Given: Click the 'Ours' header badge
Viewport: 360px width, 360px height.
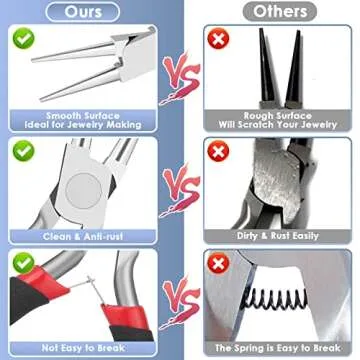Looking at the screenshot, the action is (83, 12).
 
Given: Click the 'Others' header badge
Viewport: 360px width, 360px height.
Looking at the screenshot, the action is (279, 12).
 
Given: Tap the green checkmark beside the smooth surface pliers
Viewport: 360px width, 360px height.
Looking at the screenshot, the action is (24, 38).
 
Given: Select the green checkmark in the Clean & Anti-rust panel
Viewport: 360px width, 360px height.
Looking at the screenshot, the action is (24, 151).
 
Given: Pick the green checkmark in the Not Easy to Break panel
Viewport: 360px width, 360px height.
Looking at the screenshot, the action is (24, 263).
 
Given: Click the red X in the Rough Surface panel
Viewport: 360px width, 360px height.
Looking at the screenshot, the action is (218, 39).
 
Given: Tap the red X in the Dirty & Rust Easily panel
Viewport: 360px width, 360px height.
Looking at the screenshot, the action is (218, 151).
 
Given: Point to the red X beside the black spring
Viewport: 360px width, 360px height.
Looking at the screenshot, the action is (218, 263).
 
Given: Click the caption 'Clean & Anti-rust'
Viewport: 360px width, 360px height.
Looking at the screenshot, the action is (83, 237).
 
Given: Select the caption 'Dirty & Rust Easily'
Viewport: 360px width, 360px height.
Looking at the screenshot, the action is (278, 236).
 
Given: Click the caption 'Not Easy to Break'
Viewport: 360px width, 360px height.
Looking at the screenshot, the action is (83, 348).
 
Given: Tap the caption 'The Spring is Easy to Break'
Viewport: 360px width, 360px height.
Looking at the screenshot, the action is (278, 348).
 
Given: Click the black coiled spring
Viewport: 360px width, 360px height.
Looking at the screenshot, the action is (275, 298).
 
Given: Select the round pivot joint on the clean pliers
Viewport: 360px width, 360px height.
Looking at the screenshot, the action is (83, 191).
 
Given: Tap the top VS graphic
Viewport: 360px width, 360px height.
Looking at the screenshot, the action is (181, 78).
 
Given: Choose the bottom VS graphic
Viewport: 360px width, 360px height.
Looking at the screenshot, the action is (181, 302).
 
